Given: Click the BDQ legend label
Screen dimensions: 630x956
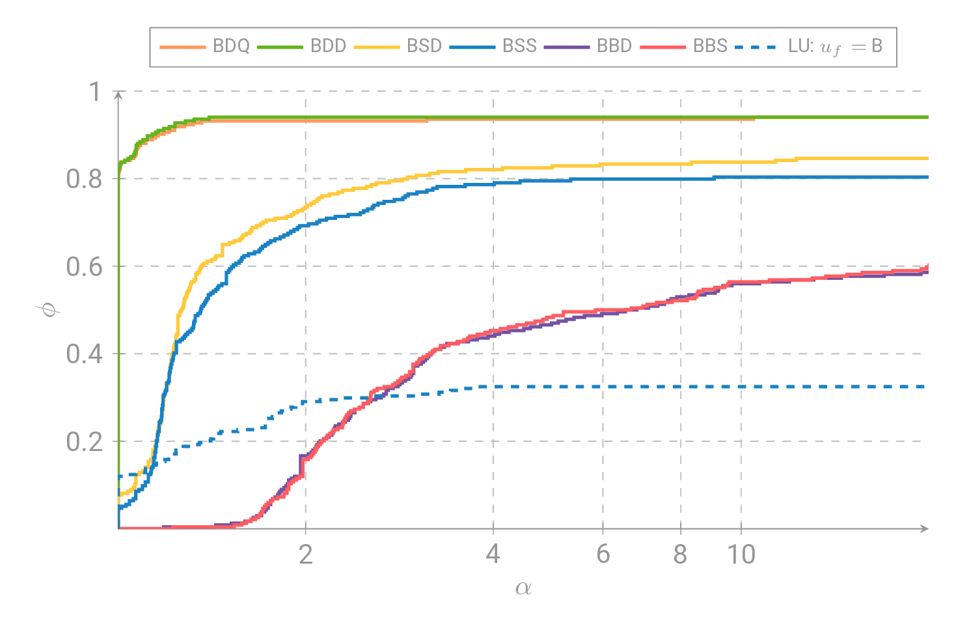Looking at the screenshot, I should click(231, 46).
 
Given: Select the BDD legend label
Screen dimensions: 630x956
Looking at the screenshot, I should click(328, 46).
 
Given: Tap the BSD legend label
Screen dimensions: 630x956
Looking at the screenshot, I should click(424, 46).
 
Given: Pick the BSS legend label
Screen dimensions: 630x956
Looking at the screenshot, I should click(519, 46).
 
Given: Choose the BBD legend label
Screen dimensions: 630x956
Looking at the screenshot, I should click(614, 46).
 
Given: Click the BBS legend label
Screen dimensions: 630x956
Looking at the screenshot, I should click(710, 46).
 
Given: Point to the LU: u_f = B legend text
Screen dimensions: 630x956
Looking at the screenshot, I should click(835, 47).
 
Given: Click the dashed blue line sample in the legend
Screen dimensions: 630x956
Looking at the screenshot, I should click(757, 47).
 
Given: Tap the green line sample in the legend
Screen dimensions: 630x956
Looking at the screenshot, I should click(280, 47).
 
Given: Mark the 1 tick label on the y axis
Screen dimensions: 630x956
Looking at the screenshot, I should click(95, 92).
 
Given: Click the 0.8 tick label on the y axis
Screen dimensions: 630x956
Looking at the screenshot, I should click(85, 179).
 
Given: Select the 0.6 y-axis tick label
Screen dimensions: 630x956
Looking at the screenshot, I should click(85, 267).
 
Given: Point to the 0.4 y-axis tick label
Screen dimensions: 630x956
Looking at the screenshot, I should click(85, 354).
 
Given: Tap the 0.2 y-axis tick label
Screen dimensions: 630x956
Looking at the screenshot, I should click(85, 442).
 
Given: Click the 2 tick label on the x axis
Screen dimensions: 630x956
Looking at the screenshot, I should click(306, 555).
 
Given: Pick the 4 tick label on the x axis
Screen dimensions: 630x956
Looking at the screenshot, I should click(493, 555).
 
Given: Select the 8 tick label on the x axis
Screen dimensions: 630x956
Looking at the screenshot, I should click(681, 555).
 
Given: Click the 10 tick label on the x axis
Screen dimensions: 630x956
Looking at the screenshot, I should click(741, 555).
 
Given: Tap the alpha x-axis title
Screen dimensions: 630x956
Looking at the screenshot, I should click(523, 588).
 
